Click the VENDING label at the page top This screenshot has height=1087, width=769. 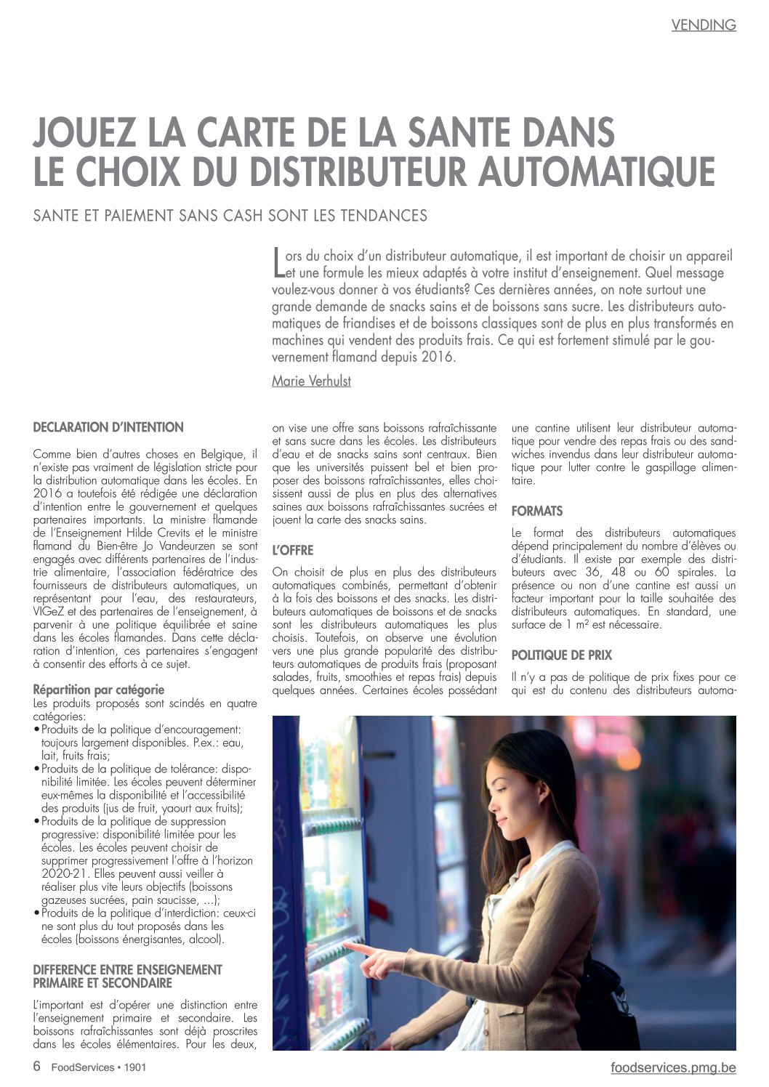point(703,25)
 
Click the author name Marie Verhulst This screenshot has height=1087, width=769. point(311,381)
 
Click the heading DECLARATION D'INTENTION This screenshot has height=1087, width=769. point(108,427)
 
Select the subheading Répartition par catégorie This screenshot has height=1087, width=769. point(99,690)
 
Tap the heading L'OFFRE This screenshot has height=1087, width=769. point(292,551)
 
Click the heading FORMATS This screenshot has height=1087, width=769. point(536,512)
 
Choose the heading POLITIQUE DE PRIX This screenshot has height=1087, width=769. point(561,655)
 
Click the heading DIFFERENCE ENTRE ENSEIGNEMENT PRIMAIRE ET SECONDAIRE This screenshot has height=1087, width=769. point(127,976)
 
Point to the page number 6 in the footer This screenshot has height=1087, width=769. point(37,1067)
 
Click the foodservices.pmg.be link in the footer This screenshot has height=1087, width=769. point(673,1067)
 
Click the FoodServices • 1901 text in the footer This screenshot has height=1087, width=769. point(99,1067)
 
